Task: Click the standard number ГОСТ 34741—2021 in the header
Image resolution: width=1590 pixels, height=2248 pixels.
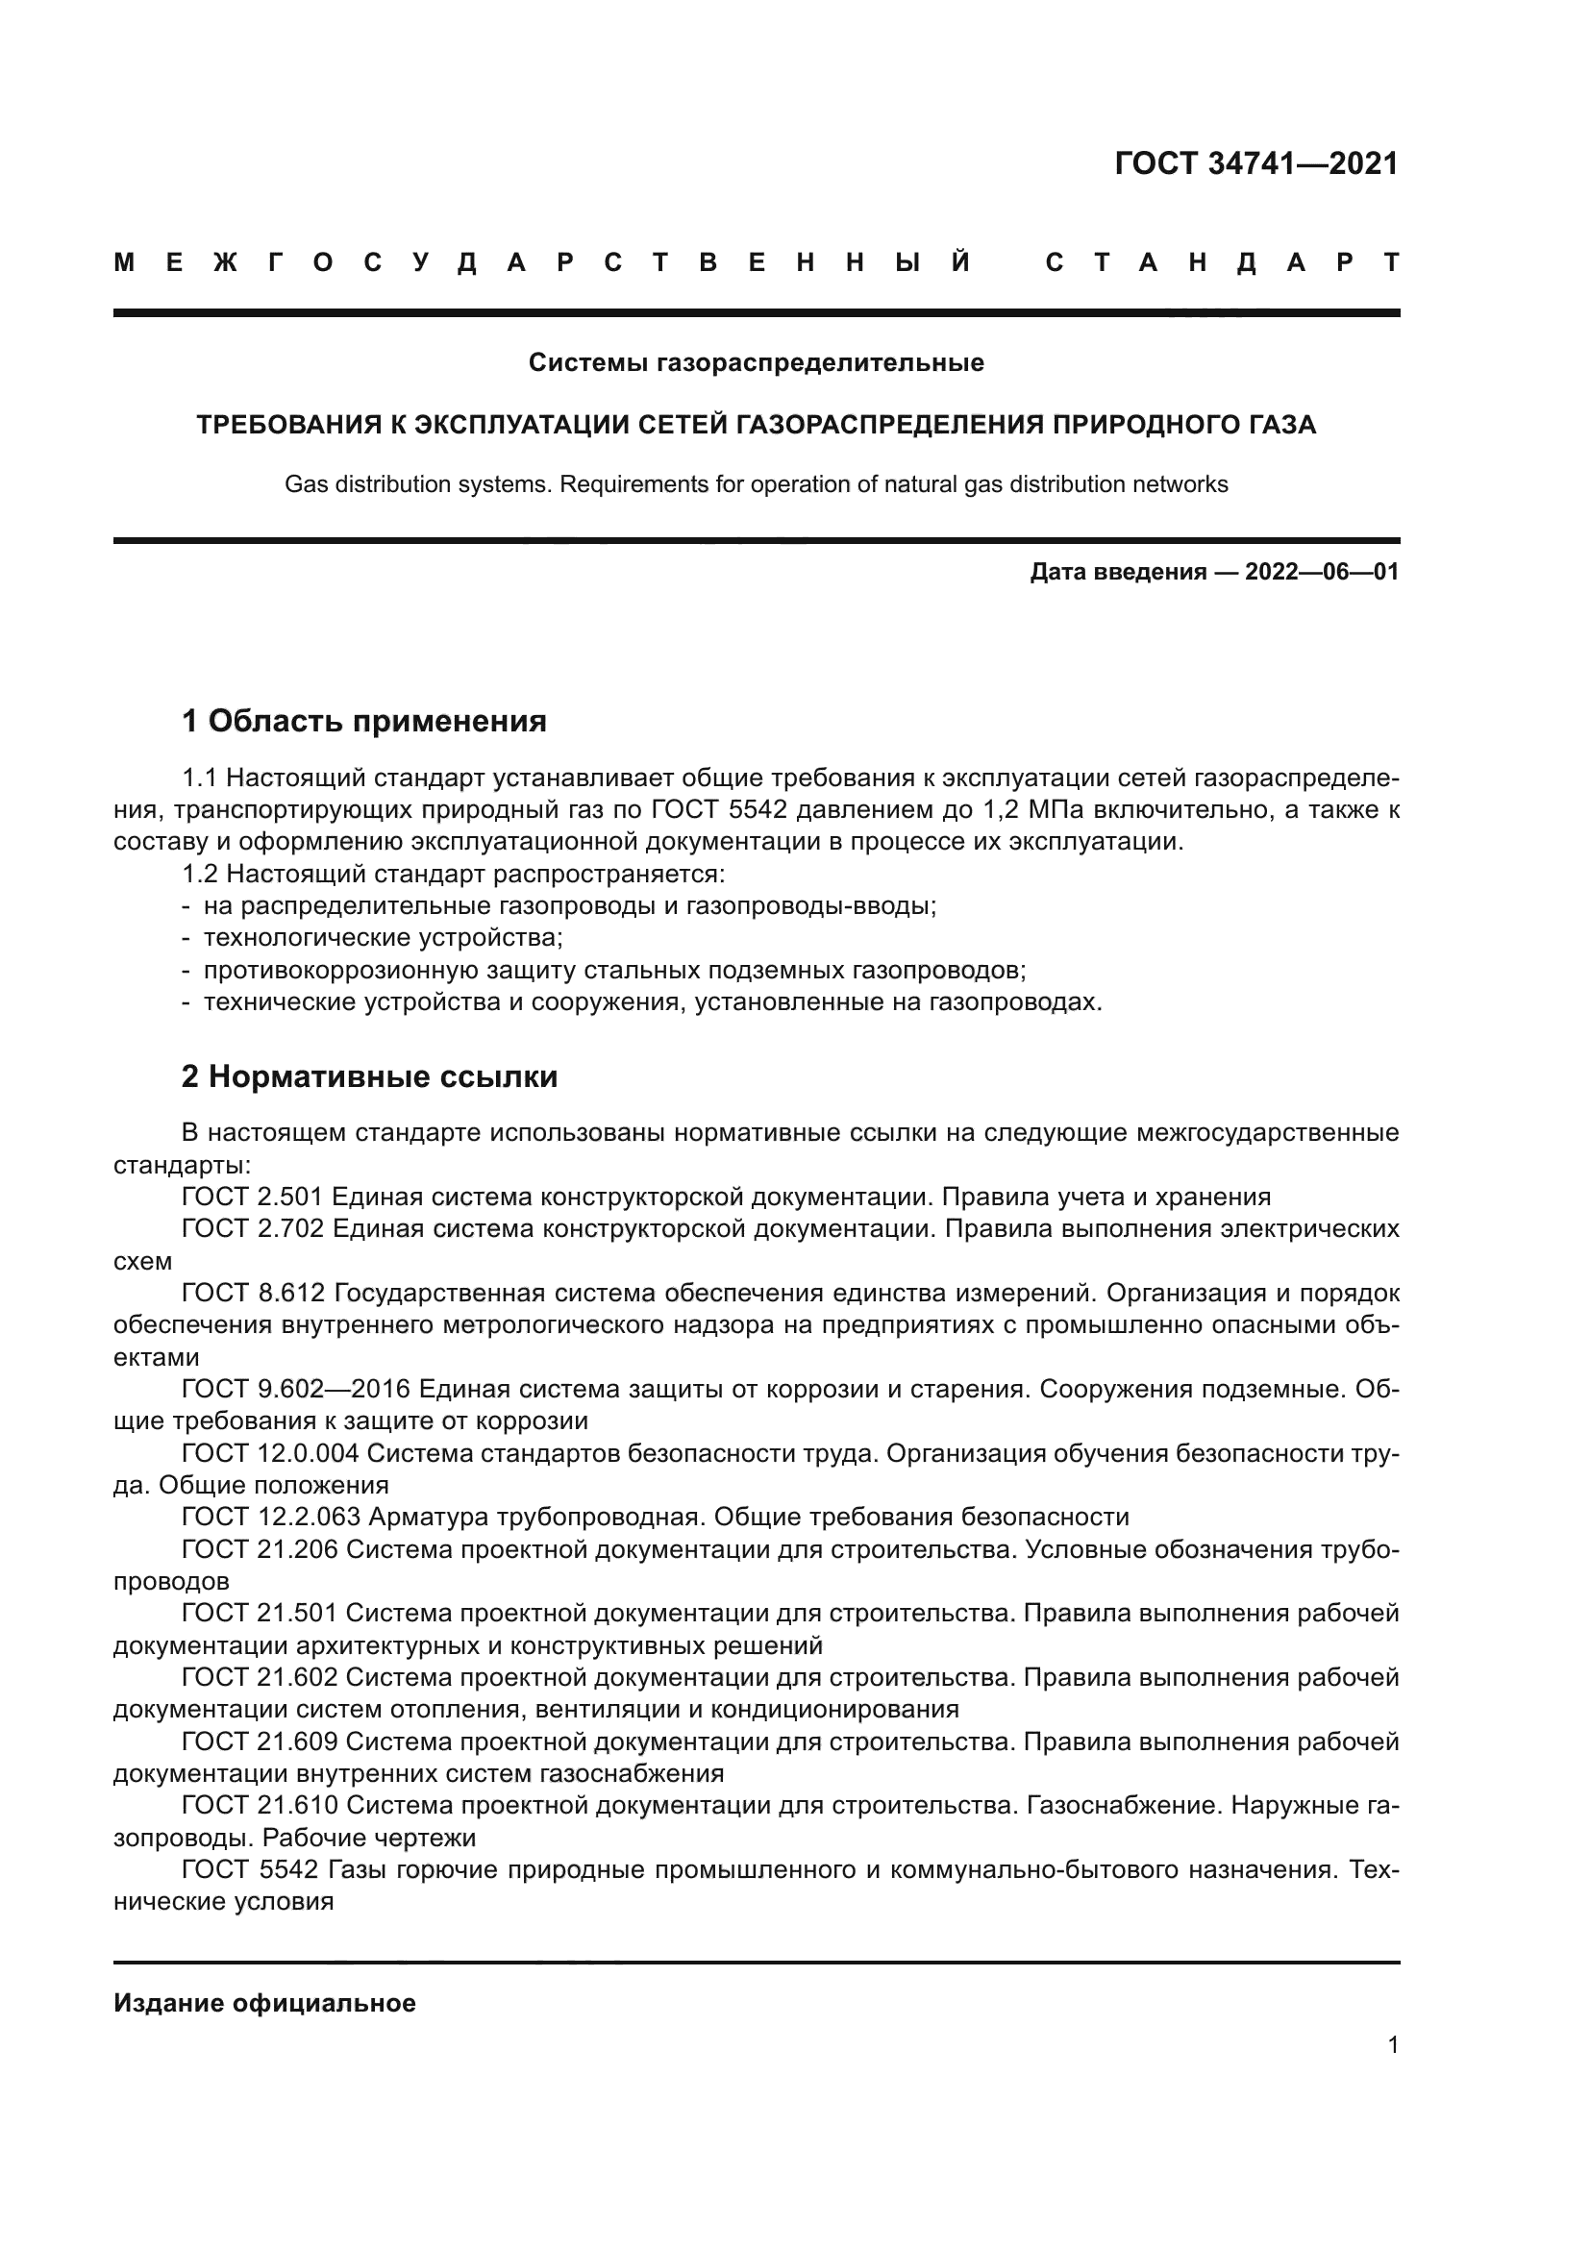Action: (1256, 163)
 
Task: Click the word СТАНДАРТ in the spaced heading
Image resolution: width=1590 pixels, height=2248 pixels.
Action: (1222, 262)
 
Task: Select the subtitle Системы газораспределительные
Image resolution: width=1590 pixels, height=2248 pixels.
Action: (756, 363)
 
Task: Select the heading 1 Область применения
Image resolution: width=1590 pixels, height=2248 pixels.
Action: (363, 722)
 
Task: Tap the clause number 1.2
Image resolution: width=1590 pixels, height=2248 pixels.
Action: (201, 874)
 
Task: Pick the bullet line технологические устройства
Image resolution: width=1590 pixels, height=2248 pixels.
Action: (382, 938)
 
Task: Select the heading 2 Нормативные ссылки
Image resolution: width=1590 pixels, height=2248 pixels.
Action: (369, 1077)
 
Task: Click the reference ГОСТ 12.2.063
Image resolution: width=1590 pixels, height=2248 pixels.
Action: (270, 1517)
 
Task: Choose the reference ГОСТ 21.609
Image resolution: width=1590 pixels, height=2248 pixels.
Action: (260, 1742)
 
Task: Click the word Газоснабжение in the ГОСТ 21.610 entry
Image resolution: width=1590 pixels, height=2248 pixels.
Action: (1121, 1806)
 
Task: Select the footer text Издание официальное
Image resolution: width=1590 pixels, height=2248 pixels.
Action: (264, 2003)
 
